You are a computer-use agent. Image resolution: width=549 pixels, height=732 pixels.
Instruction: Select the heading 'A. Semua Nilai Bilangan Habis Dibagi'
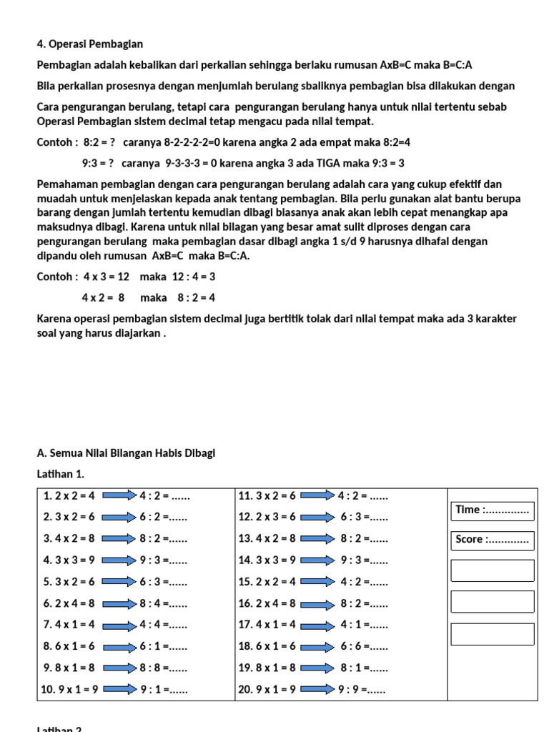126,453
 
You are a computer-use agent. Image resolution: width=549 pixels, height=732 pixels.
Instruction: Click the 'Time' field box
492,510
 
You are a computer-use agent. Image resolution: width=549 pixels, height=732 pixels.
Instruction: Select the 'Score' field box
492,540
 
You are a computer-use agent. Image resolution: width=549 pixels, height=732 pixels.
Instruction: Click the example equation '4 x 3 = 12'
105,277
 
